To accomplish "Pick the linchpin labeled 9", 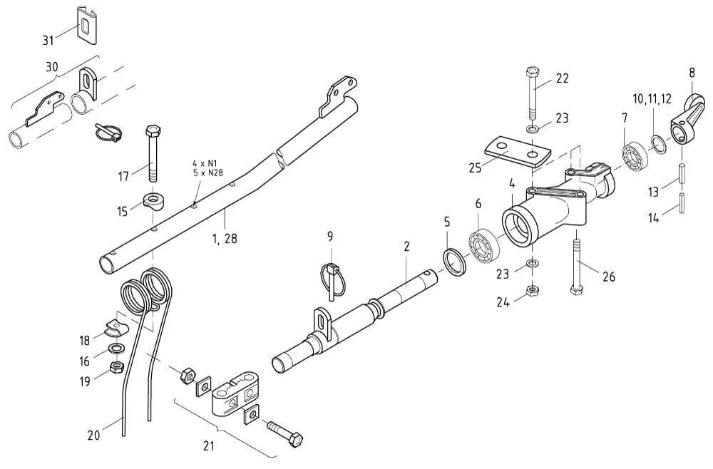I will click(x=332, y=278).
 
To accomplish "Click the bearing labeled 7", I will click(x=632, y=155).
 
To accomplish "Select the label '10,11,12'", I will click(x=652, y=98).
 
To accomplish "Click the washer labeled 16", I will click(x=113, y=349).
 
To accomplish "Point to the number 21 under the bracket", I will click(x=208, y=447).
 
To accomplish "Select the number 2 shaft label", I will click(x=406, y=247).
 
